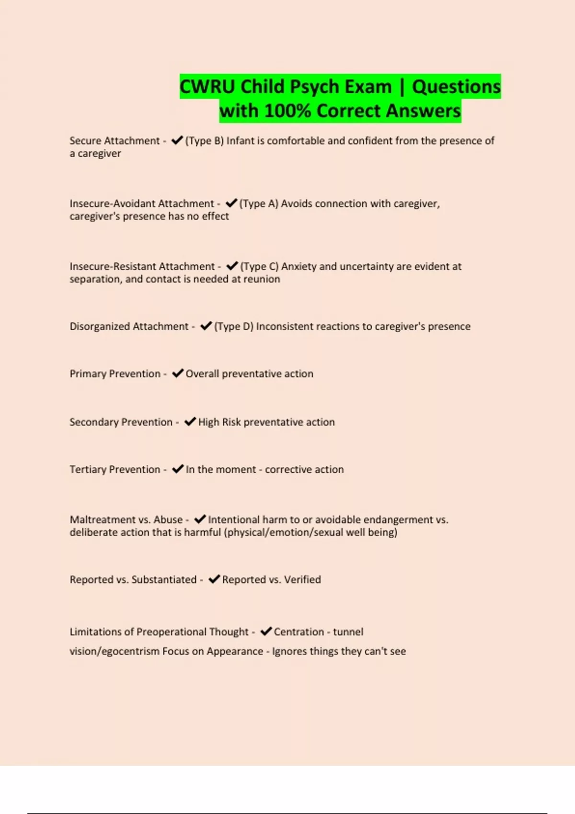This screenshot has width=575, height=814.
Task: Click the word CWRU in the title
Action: pos(207,87)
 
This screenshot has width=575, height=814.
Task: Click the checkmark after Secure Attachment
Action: pos(177,140)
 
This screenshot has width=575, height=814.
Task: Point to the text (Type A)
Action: pos(259,203)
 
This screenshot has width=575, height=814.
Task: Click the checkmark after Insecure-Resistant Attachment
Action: pos(232,266)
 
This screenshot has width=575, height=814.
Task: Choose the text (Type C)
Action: pos(259,266)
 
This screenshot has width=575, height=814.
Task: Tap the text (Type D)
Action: pos(233,327)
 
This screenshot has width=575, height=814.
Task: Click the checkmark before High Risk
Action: pos(190,421)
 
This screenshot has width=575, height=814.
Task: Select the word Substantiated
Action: pos(164,580)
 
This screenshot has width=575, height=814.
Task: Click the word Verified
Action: pos(302,580)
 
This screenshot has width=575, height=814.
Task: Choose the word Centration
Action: pos(299,632)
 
